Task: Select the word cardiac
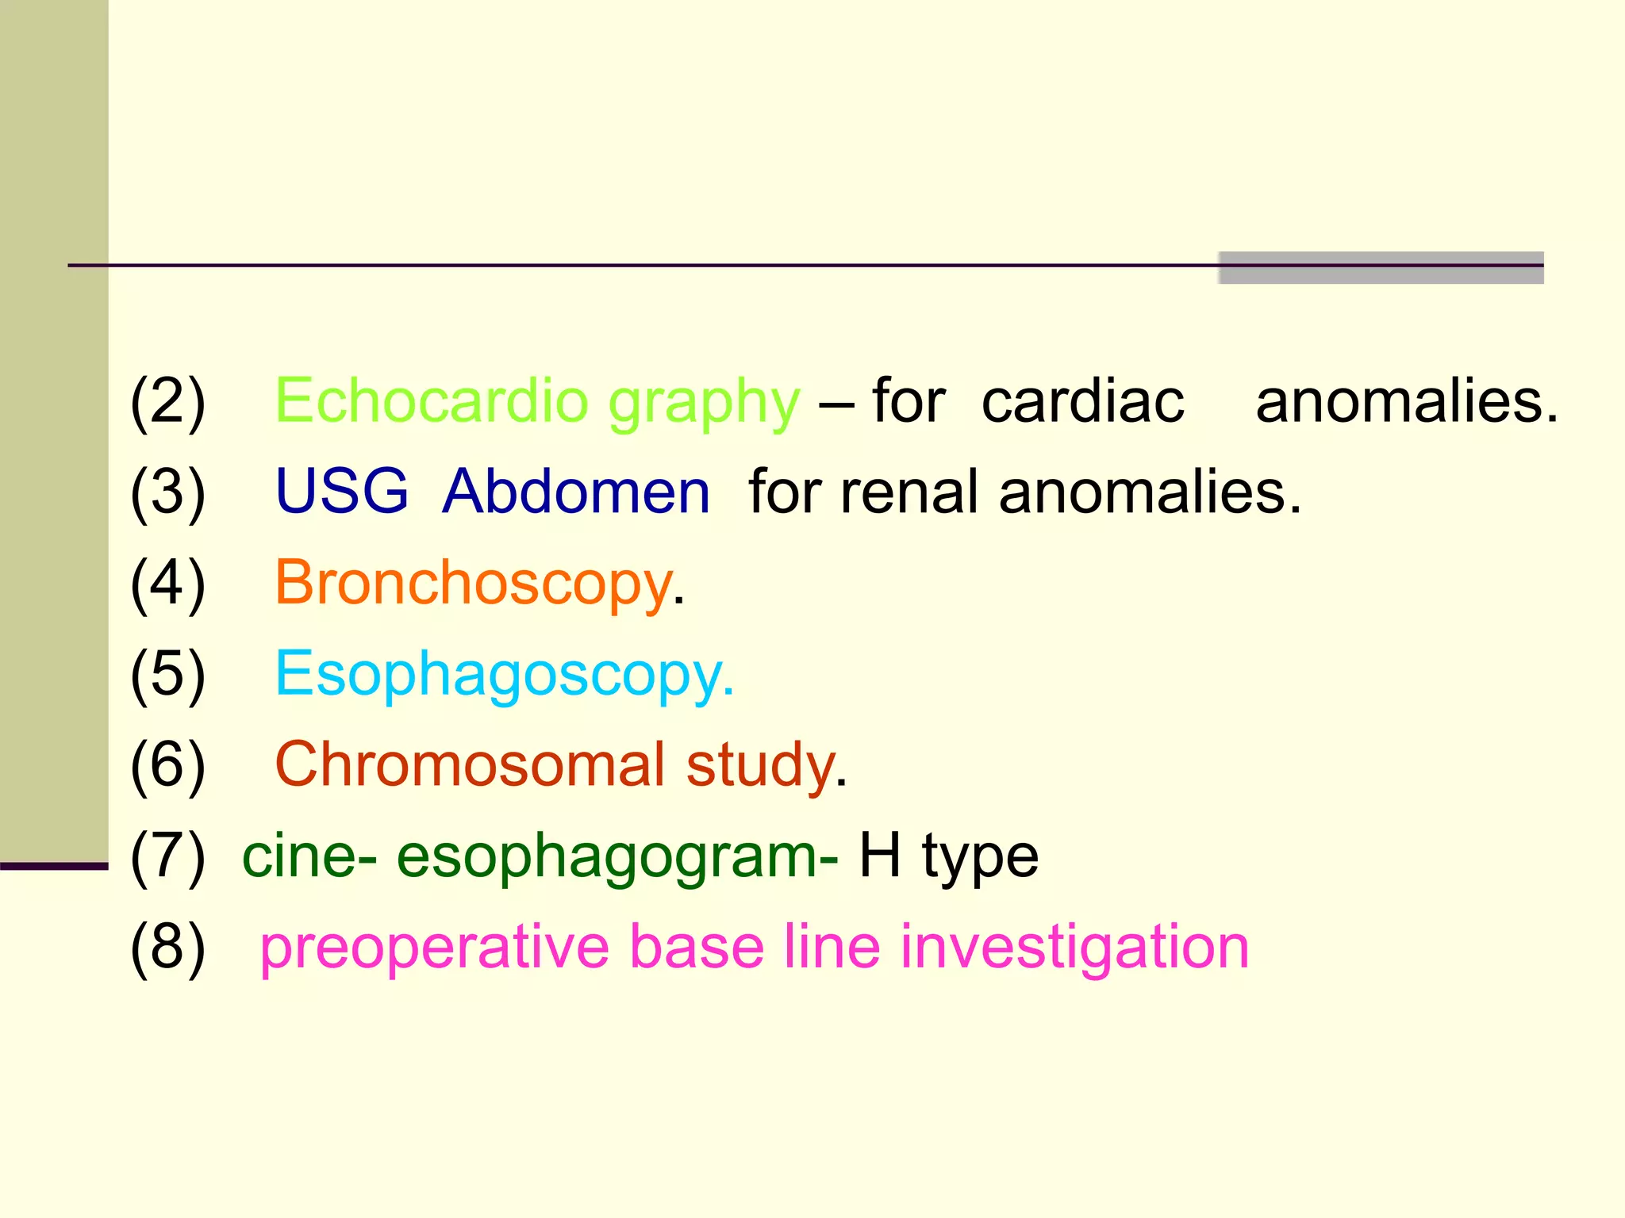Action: [x=1082, y=401]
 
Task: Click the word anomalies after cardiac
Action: [x=1407, y=401]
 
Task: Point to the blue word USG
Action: [x=341, y=492]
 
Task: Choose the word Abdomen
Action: [x=576, y=492]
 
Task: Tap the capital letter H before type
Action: [x=880, y=856]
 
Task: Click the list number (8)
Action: [x=168, y=948]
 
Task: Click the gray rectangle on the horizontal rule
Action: [x=1381, y=268]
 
